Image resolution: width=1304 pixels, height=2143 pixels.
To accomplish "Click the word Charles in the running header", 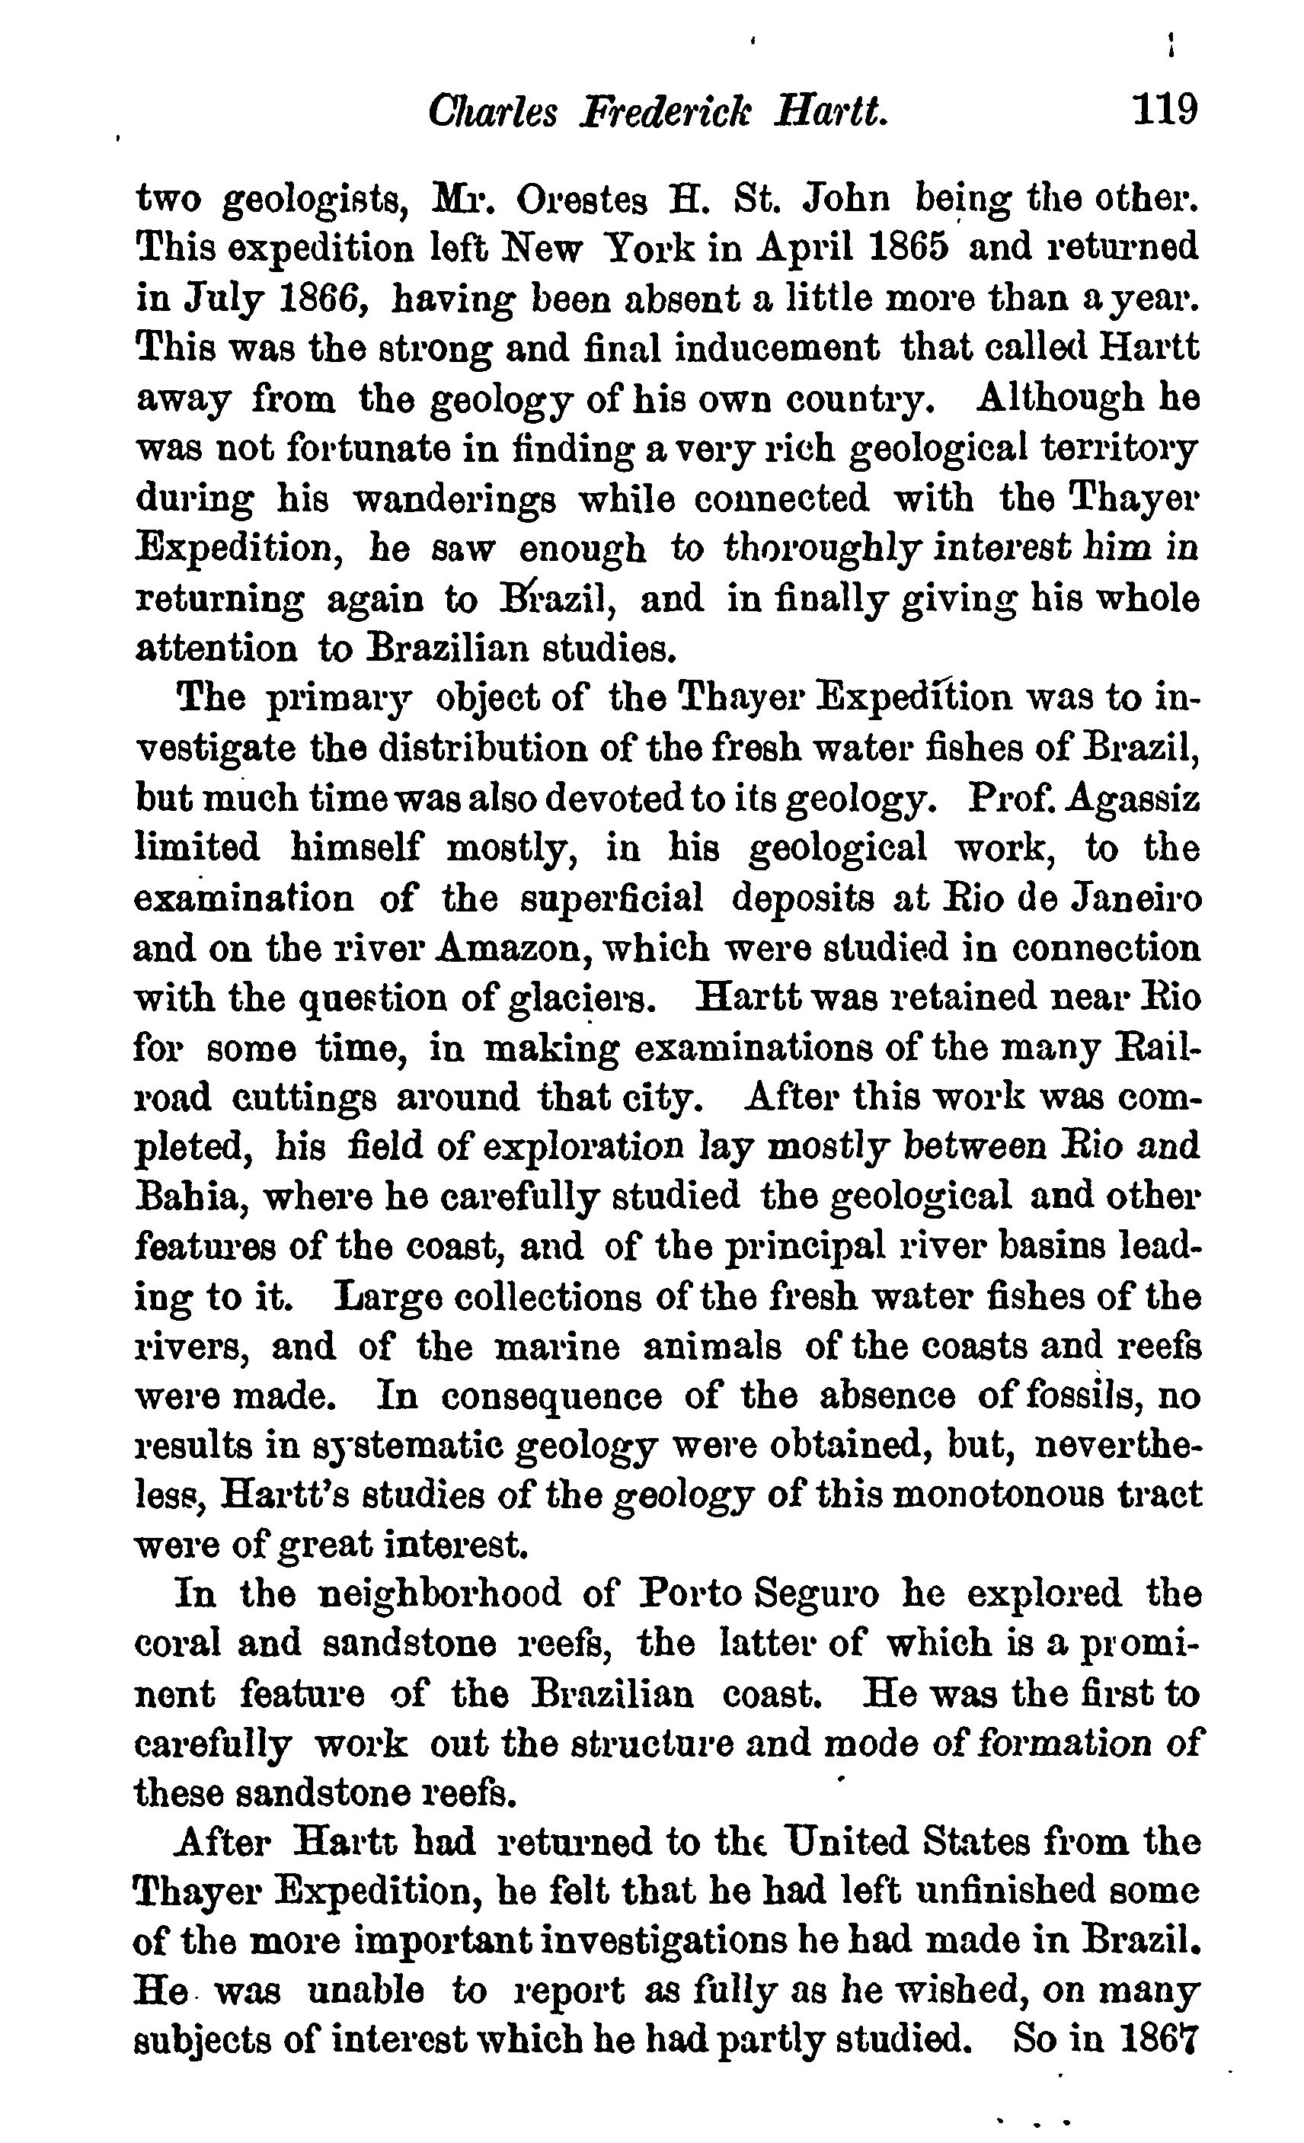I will tap(492, 113).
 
